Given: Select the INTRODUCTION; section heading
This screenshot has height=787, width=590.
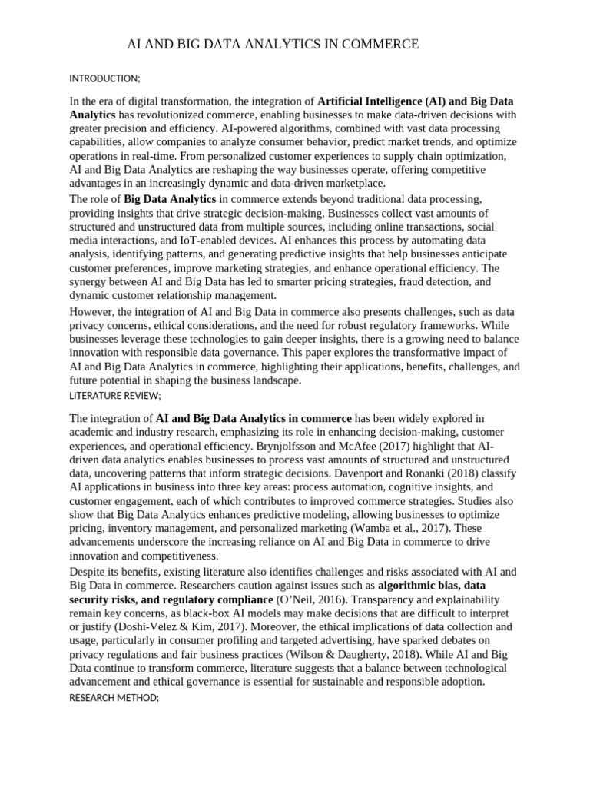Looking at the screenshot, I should pos(104,79).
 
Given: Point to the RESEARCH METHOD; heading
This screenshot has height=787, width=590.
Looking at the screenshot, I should pos(114,698).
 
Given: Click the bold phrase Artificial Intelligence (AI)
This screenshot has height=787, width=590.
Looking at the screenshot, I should pos(381,101).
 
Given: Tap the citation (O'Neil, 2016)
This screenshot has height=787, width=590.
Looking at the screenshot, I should pos(317,599).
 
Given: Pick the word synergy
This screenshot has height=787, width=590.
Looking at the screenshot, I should pos(90,282).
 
